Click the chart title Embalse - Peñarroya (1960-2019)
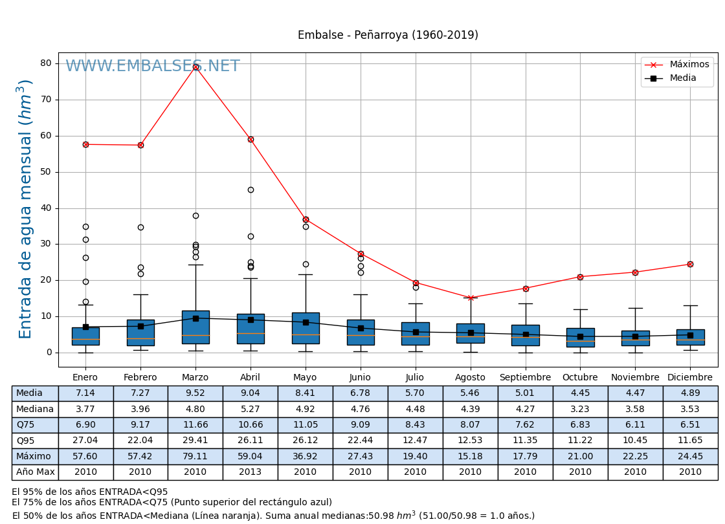tap(388, 36)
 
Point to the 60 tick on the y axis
tap(46, 136)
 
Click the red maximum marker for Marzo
tap(195, 67)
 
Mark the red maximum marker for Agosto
tap(471, 298)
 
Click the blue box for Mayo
tap(306, 328)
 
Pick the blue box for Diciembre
tap(690, 337)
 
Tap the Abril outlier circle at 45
tap(251, 190)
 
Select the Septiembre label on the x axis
tap(525, 378)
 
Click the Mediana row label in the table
tap(35, 409)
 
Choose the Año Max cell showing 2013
tap(251, 472)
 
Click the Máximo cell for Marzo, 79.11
tap(195, 456)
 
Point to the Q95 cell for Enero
tap(85, 441)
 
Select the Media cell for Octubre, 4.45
tap(580, 393)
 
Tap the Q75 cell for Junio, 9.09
tap(361, 425)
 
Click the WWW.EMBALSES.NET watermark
tap(153, 67)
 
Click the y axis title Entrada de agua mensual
tap(25, 208)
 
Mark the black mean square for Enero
tap(85, 327)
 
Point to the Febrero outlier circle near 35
tap(140, 227)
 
